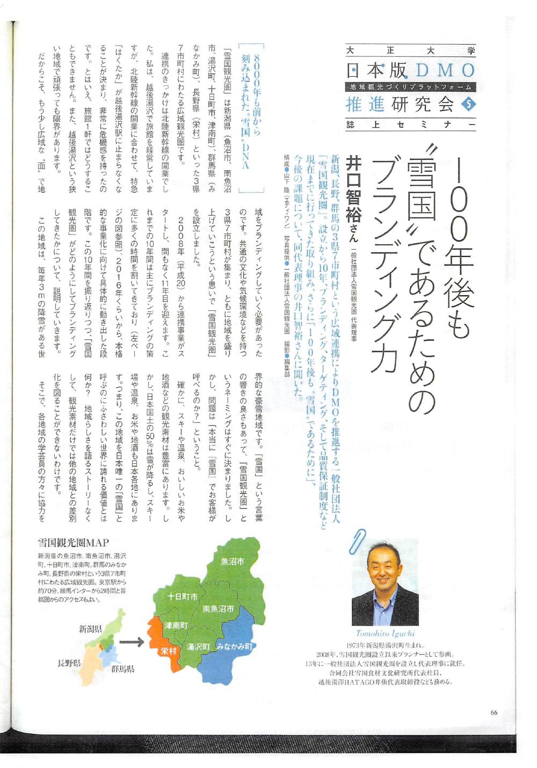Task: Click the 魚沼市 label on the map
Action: [233, 562]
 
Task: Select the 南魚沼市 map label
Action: [218, 609]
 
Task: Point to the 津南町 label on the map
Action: [175, 626]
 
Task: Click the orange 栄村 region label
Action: [168, 650]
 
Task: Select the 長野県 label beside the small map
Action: [69, 663]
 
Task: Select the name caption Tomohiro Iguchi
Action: [386, 633]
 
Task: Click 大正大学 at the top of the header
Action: [411, 51]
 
